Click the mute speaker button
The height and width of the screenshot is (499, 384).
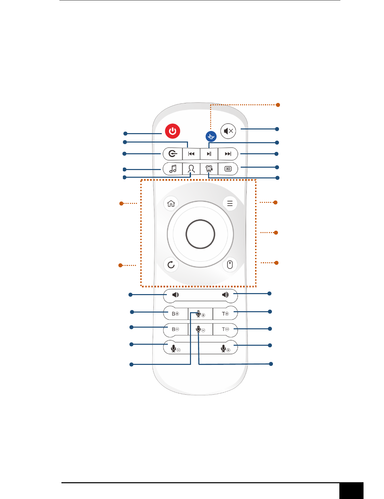coord(228,131)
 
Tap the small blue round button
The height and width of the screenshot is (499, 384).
coord(211,136)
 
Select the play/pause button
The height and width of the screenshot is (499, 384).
coord(209,154)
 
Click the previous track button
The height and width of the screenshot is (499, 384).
coord(191,154)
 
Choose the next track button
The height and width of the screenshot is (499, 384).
coord(228,154)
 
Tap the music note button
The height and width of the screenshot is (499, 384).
coord(173,169)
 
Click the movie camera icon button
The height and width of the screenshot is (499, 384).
coord(209,169)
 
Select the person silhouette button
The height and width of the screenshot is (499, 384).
coord(191,169)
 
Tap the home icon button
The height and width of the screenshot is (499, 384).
coord(171,204)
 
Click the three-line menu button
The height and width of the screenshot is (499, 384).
coord(230,203)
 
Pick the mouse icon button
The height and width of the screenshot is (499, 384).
coord(230,265)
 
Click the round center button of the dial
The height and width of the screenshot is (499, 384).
coord(200,234)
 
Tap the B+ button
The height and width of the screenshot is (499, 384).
coord(175,314)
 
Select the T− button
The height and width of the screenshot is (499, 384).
coord(226,329)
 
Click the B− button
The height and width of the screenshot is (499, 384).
coord(175,329)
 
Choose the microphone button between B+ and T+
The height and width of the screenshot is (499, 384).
coord(200,314)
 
